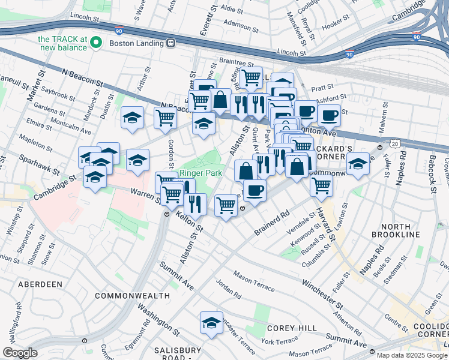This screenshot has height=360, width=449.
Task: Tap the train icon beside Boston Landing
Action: [171, 43]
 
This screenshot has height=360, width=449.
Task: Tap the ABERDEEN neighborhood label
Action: [40, 283]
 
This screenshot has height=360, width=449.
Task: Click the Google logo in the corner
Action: [20, 353]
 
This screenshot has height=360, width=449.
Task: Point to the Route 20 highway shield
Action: [393, 144]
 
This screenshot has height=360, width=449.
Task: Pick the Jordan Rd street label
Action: [229, 289]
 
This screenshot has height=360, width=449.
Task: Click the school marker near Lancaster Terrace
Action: [211, 322]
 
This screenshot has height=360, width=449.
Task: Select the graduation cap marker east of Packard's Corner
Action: [358, 163]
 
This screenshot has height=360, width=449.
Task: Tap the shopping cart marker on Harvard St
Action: [321, 186]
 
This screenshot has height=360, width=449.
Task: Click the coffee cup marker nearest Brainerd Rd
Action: [255, 191]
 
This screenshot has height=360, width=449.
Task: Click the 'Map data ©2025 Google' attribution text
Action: [411, 355]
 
